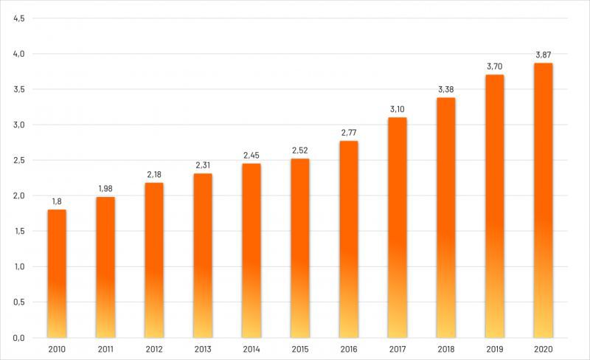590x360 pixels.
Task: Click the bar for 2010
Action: (57, 273)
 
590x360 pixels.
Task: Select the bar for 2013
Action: (203, 255)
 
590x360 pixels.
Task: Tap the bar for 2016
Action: (349, 238)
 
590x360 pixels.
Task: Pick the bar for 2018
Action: (446, 217)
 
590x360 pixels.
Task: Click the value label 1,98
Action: (105, 189)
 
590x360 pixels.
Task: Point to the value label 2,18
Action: (154, 175)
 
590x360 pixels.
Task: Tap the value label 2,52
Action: (300, 150)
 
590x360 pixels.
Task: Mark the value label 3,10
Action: (398, 109)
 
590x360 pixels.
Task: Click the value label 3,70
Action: (495, 66)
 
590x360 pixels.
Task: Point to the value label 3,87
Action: (544, 55)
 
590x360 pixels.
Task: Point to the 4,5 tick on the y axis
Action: (19, 18)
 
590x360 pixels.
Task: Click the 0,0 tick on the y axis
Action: (19, 338)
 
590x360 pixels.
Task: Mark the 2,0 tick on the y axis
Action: (19, 195)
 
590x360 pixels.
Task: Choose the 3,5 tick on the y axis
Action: (19, 89)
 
